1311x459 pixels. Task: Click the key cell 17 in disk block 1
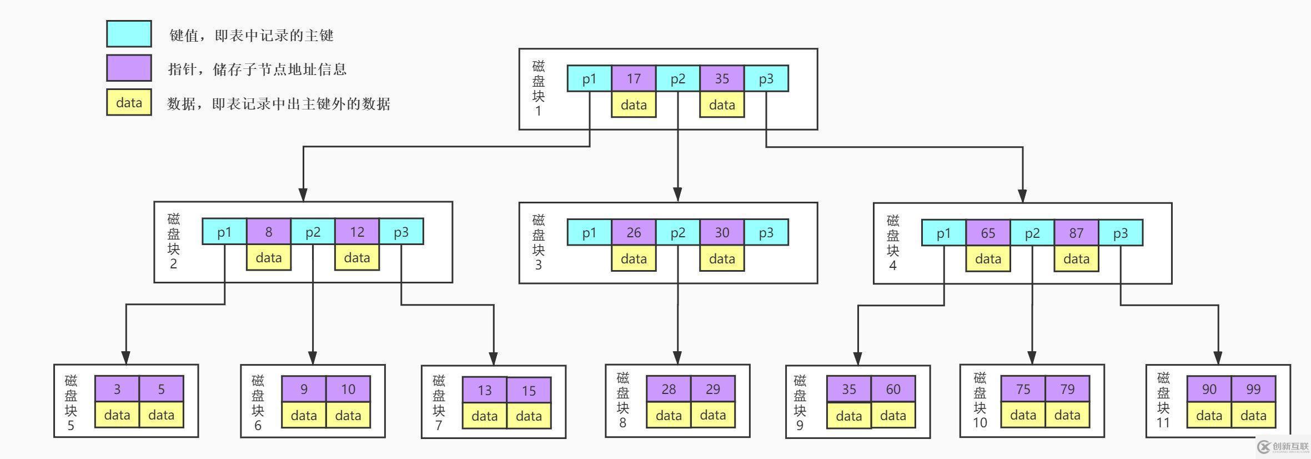pyautogui.click(x=634, y=78)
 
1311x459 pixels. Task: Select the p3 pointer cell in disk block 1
pyautogui.click(x=766, y=78)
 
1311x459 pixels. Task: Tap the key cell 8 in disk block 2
pyautogui.click(x=268, y=232)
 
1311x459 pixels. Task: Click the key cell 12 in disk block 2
pyautogui.click(x=356, y=232)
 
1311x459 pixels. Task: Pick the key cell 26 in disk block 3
pyautogui.click(x=634, y=232)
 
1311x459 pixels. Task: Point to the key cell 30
pyautogui.click(x=721, y=232)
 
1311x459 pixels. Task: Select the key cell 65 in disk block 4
pyautogui.click(x=988, y=233)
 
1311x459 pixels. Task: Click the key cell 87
pyautogui.click(x=1076, y=233)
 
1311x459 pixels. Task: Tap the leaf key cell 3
pyautogui.click(x=117, y=389)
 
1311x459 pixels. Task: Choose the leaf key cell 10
pyautogui.click(x=348, y=389)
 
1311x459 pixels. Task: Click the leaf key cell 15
pyautogui.click(x=529, y=391)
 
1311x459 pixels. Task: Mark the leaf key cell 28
pyautogui.click(x=669, y=389)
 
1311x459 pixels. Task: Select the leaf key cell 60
pyautogui.click(x=893, y=389)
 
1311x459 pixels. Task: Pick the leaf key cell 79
pyautogui.click(x=1067, y=389)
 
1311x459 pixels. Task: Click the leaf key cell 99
pyautogui.click(x=1253, y=389)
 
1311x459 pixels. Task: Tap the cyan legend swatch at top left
pyautogui.click(x=129, y=34)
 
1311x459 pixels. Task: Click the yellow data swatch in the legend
pyautogui.click(x=129, y=102)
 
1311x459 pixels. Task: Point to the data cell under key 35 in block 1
pyautogui.click(x=721, y=104)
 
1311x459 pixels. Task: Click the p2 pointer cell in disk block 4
pyautogui.click(x=1032, y=233)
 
